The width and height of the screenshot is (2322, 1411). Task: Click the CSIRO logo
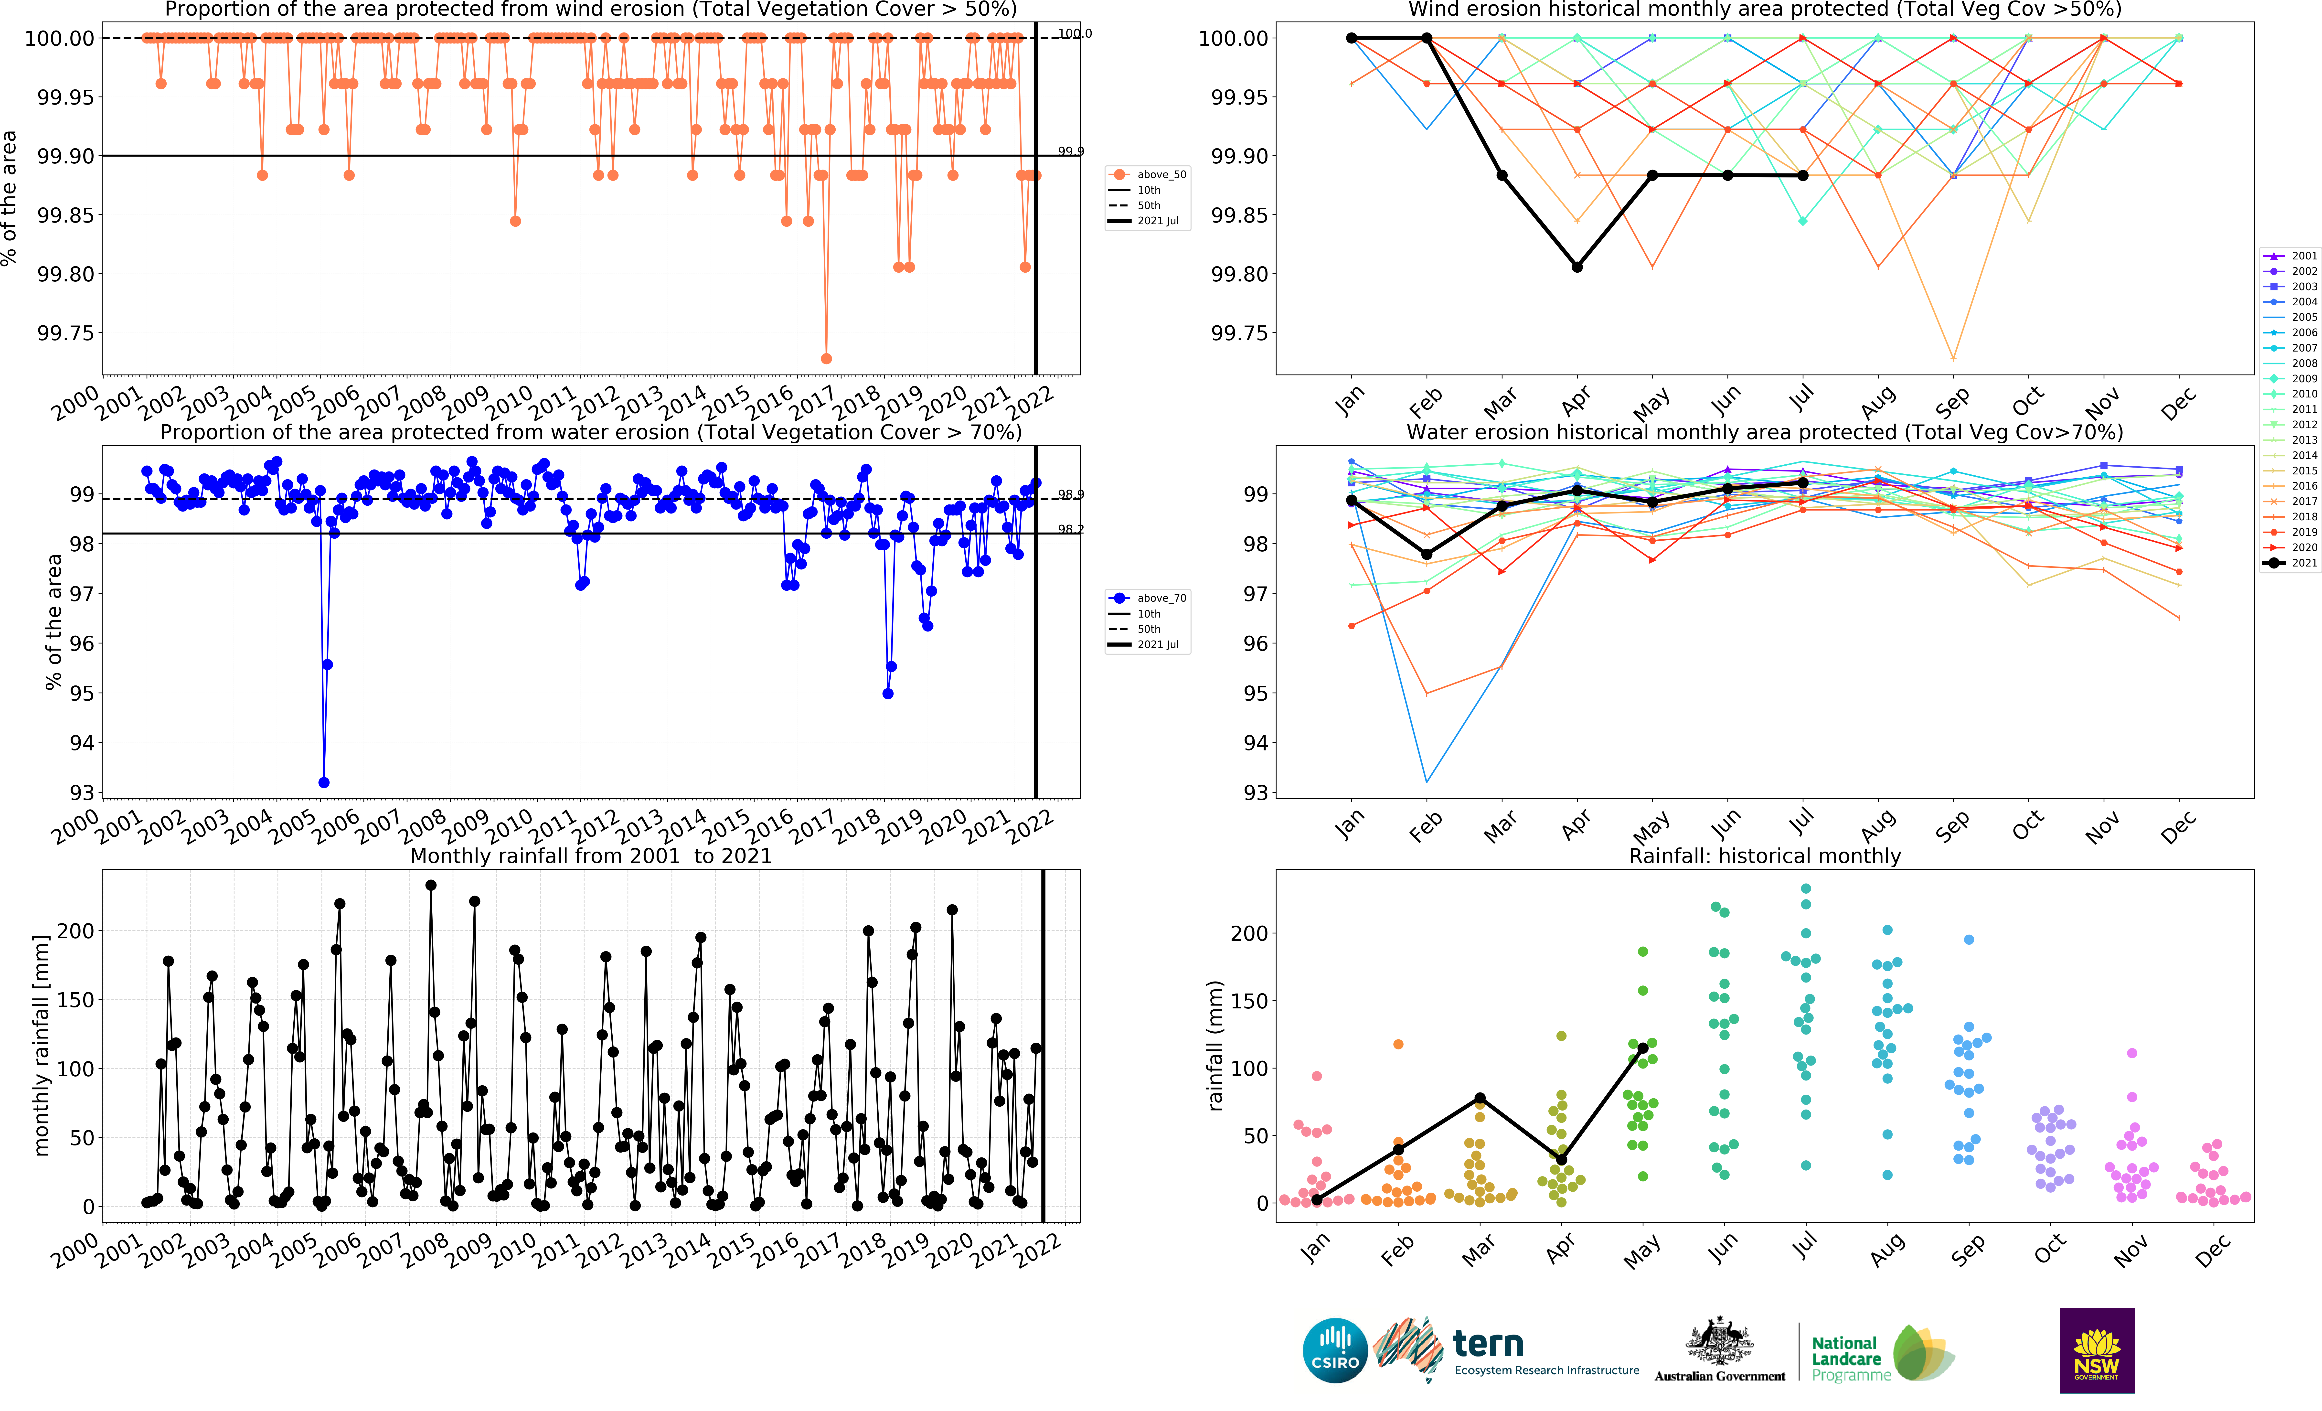[x=1334, y=1350]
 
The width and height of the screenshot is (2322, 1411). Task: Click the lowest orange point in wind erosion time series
[x=826, y=358]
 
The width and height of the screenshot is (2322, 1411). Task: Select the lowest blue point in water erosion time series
[x=324, y=782]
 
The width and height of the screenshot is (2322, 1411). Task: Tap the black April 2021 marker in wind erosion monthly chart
[x=1576, y=267]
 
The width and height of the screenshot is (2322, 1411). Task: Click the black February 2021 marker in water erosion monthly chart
[x=1427, y=554]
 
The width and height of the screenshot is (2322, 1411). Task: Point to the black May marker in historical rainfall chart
[x=1642, y=1048]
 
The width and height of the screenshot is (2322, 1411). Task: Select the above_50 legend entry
[x=1150, y=174]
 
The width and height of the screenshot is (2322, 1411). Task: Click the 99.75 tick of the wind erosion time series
[x=66, y=333]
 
